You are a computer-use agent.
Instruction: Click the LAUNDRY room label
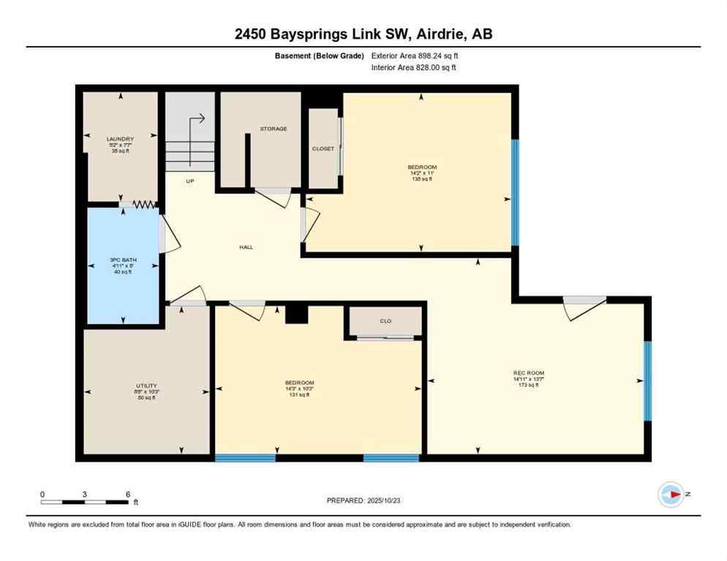[x=121, y=139]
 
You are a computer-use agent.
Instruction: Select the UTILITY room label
[x=146, y=386]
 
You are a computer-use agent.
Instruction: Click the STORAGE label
[x=274, y=129]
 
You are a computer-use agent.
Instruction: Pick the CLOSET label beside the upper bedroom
[x=323, y=148]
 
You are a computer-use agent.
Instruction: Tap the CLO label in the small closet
[x=385, y=319]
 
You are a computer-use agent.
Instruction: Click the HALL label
[x=246, y=248]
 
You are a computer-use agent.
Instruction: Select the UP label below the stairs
[x=189, y=181]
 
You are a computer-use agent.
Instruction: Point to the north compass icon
[x=671, y=495]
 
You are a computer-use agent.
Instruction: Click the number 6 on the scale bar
[x=128, y=495]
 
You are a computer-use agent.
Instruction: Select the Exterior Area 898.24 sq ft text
[x=415, y=56]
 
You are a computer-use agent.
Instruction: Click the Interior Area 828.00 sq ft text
[x=415, y=68]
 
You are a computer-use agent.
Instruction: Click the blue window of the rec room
[x=647, y=381]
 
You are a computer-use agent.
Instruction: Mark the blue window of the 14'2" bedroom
[x=515, y=192]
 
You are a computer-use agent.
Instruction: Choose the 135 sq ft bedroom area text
[x=422, y=179]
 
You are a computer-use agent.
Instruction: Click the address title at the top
[x=363, y=34]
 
